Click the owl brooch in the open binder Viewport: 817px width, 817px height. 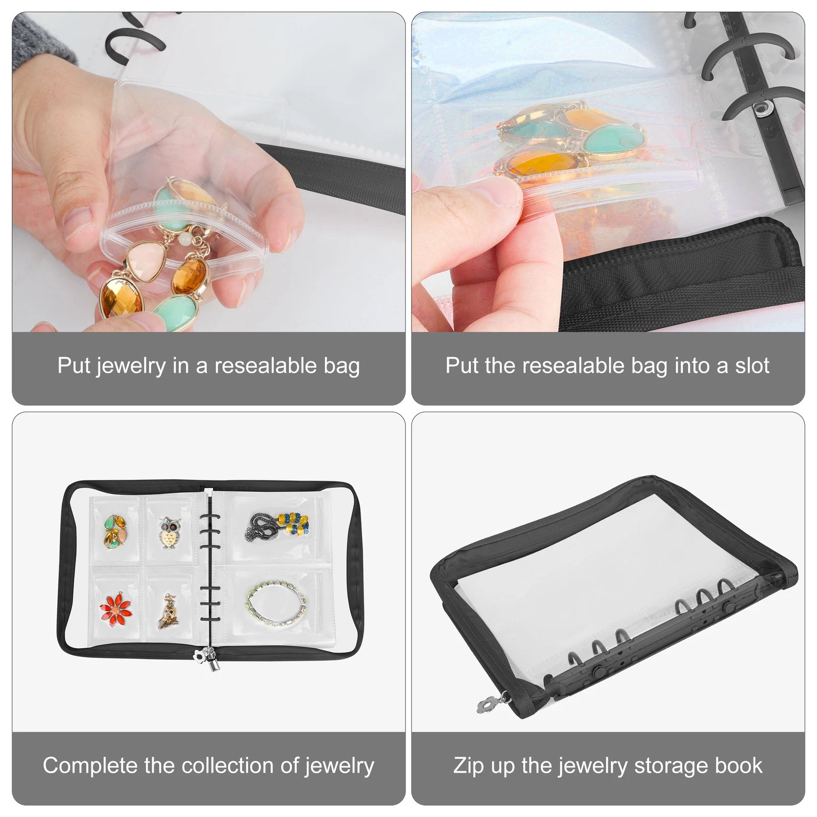point(168,533)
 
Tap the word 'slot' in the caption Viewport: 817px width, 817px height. point(752,366)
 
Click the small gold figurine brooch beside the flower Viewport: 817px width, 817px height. point(168,609)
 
